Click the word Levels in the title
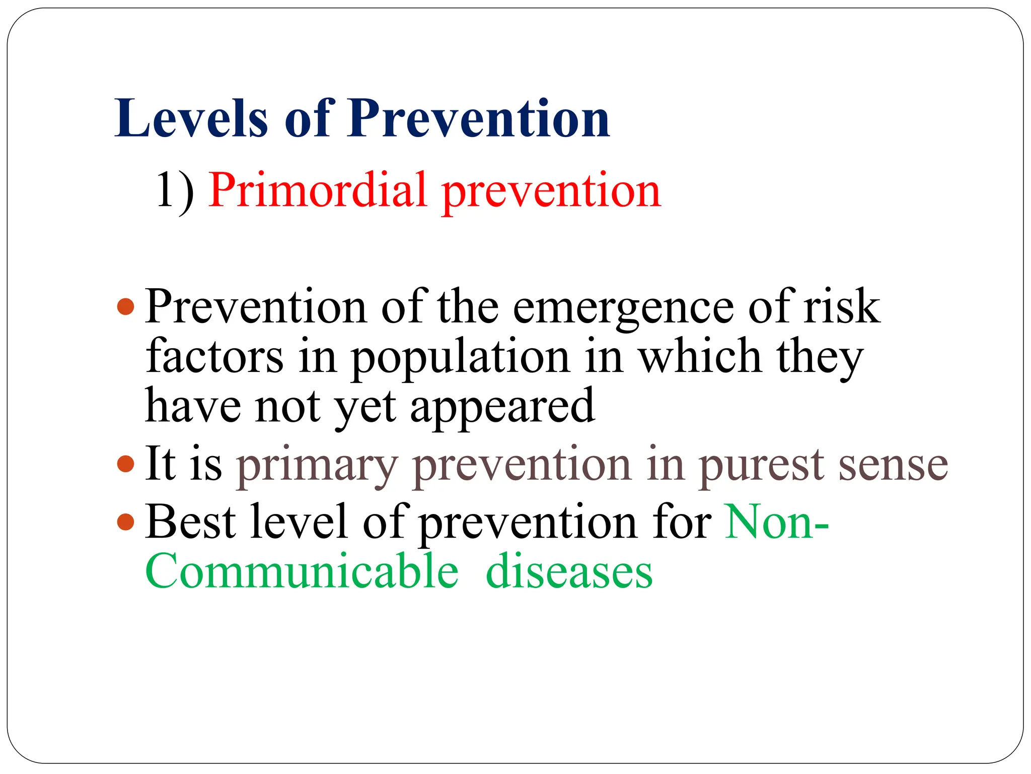tap(191, 118)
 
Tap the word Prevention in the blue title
tap(478, 118)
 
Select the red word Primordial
tap(318, 191)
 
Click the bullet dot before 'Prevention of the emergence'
tap(125, 306)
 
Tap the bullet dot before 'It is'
tap(125, 464)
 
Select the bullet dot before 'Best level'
tap(125, 522)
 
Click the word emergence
tap(623, 308)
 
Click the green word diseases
tap(569, 571)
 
